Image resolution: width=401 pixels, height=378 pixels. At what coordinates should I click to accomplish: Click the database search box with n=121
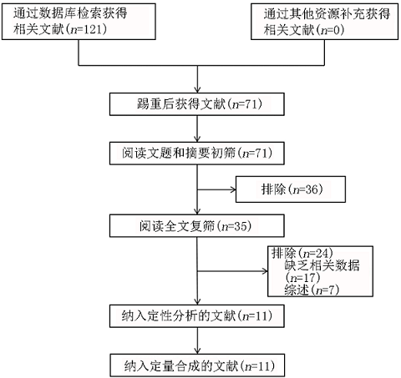pyautogui.click(x=79, y=22)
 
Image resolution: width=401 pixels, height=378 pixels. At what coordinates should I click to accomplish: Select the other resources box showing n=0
pyautogui.click(x=325, y=22)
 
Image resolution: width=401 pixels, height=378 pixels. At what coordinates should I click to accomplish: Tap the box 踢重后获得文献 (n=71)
pyautogui.click(x=197, y=104)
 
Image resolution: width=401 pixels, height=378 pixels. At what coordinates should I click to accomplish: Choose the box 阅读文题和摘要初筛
pyautogui.click(x=197, y=154)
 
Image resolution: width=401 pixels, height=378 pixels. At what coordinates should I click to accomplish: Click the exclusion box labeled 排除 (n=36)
pyautogui.click(x=291, y=189)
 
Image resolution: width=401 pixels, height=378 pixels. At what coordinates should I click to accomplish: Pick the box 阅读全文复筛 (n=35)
pyautogui.click(x=197, y=225)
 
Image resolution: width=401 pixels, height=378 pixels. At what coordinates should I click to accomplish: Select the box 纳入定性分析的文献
pyautogui.click(x=197, y=316)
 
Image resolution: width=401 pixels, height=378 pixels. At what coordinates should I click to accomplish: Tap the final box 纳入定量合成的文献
pyautogui.click(x=197, y=365)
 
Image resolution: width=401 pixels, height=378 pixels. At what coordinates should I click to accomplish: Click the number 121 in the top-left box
pyautogui.click(x=94, y=29)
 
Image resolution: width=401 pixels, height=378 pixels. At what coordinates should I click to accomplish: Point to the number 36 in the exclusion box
pyautogui.click(x=312, y=189)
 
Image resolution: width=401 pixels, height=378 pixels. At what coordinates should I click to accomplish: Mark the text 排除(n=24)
pyautogui.click(x=302, y=253)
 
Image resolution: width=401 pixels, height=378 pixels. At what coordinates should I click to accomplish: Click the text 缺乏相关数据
pyautogui.click(x=322, y=265)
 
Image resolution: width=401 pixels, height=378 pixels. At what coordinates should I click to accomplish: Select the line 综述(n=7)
pyautogui.click(x=312, y=290)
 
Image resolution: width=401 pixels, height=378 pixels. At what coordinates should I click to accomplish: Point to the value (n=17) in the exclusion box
pyautogui.click(x=302, y=278)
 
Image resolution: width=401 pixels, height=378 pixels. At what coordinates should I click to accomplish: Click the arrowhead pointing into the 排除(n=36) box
pyautogui.click(x=233, y=189)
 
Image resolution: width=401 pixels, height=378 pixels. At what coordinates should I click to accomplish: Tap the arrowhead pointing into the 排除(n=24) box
pyautogui.click(x=265, y=271)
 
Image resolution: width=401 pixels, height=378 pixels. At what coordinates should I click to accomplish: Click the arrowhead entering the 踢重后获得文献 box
pyautogui.click(x=197, y=90)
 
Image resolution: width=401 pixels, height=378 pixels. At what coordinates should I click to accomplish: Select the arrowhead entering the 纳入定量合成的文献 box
pyautogui.click(x=197, y=350)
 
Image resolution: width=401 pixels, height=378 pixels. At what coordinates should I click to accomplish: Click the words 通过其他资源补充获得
pyautogui.click(x=327, y=14)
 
